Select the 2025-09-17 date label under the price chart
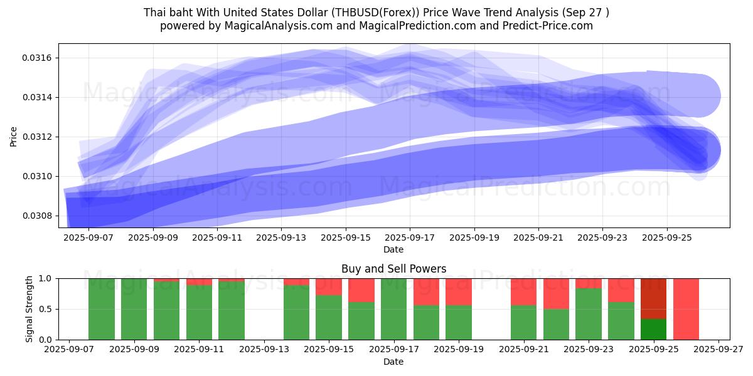tap(410, 238)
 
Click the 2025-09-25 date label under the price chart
tap(667, 238)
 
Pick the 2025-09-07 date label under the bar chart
tap(69, 350)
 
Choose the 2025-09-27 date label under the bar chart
tap(719, 350)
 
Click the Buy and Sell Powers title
tap(393, 269)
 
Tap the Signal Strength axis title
tap(29, 309)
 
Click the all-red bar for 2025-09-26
tap(686, 309)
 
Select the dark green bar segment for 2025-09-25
tap(653, 329)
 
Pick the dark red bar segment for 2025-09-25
tap(653, 298)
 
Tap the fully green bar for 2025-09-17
tap(393, 309)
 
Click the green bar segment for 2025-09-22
tap(556, 324)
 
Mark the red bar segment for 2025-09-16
tap(361, 290)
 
